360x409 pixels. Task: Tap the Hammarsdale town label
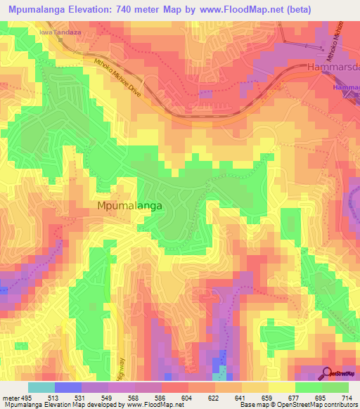pyautogui.click(x=333, y=67)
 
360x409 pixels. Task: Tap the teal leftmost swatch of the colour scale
pyautogui.click(x=41, y=387)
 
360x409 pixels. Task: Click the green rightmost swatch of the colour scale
pyautogui.click(x=335, y=387)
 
